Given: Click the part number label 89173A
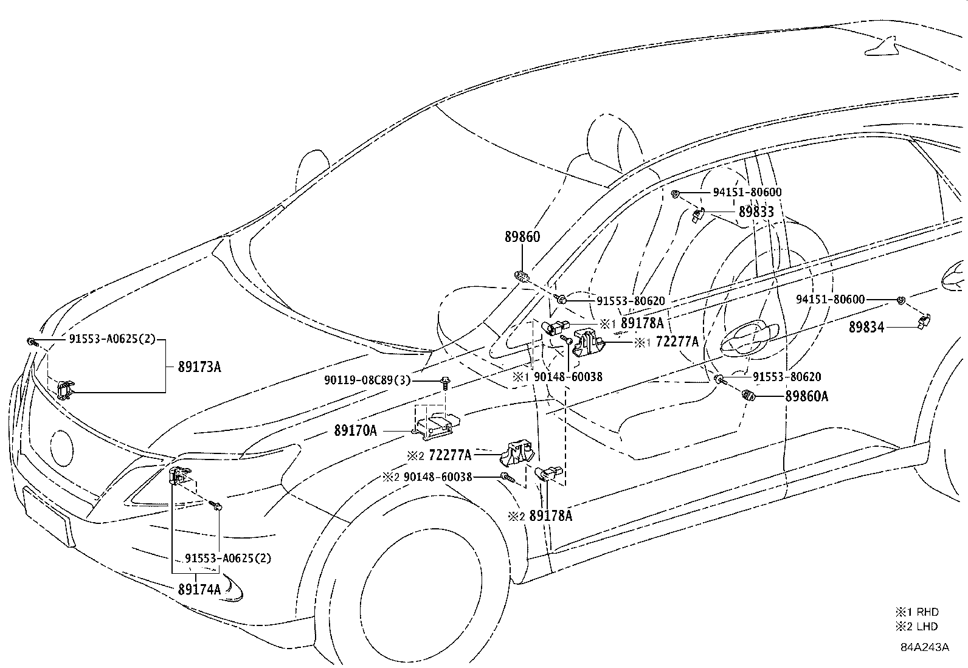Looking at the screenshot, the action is click(x=199, y=367).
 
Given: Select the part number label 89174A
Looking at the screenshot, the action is click(x=199, y=590).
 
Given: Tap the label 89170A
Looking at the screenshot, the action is click(x=355, y=430).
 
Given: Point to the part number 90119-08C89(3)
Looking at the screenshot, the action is click(x=367, y=380).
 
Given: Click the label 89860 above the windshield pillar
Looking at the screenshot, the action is click(x=522, y=237).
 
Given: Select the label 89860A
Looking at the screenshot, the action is click(x=806, y=396).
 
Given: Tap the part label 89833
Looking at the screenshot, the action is click(x=756, y=212).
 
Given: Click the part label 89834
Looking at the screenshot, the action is click(x=866, y=327).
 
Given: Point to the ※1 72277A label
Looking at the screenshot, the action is click(x=666, y=342).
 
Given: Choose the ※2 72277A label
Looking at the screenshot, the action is click(x=439, y=455).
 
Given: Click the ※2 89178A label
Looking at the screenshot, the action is click(x=540, y=516).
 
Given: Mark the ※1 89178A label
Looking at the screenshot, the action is click(x=631, y=323).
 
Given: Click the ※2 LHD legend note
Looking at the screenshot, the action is click(x=916, y=626).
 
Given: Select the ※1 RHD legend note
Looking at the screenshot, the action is click(x=917, y=612).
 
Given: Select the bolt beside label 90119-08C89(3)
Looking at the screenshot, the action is click(x=444, y=383).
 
